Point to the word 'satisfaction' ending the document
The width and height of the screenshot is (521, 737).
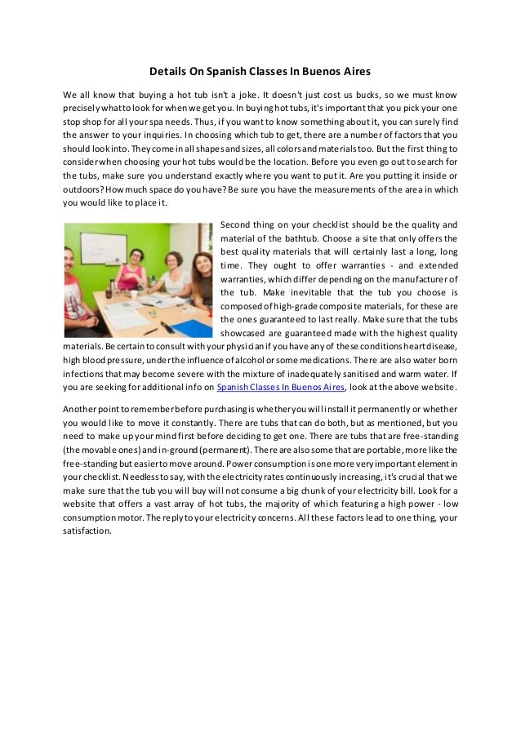(86, 531)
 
